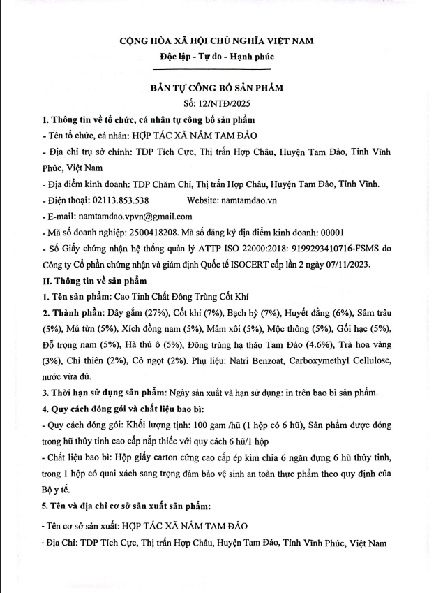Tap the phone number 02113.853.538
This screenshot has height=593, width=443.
tap(120, 200)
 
